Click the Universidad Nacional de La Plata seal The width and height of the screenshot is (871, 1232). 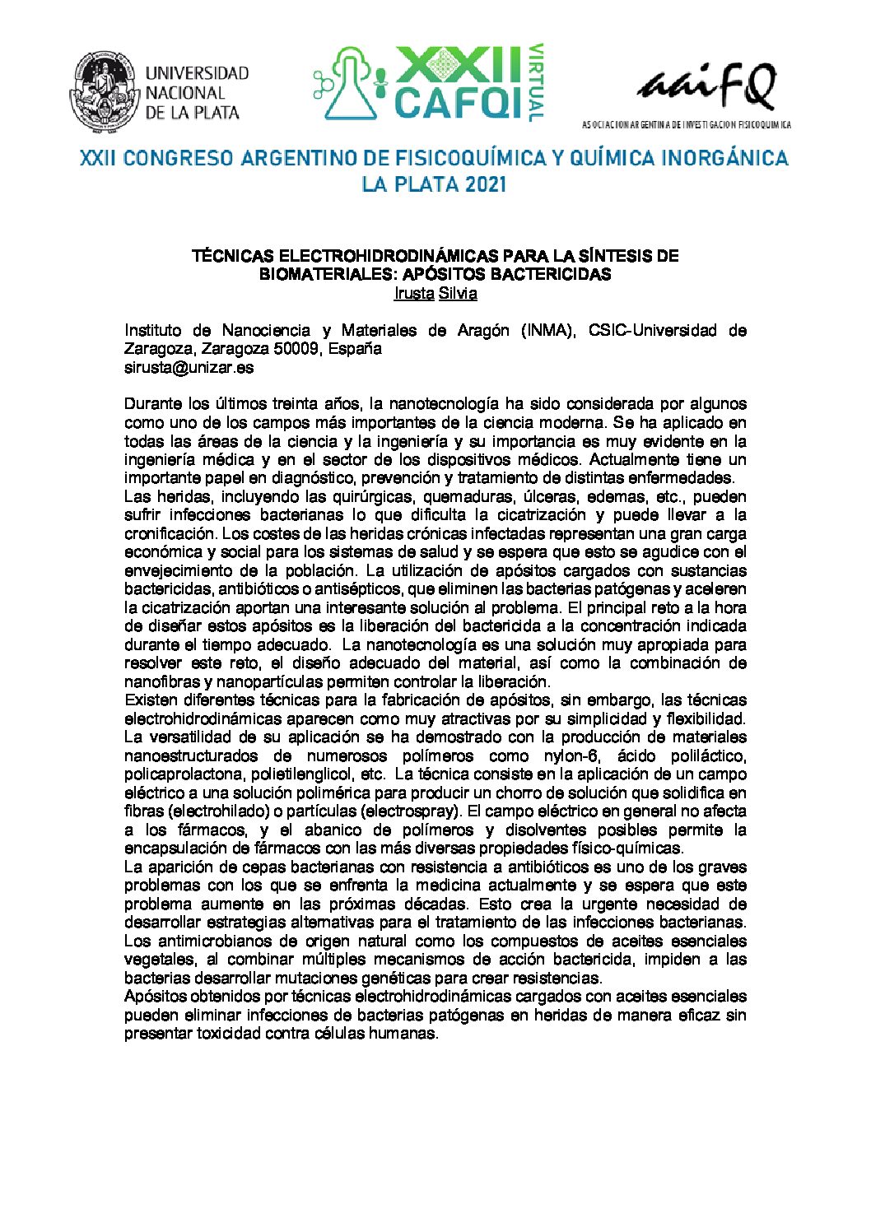click(x=107, y=92)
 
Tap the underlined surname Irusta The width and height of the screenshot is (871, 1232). click(x=415, y=293)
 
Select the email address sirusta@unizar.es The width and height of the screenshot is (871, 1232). click(x=189, y=367)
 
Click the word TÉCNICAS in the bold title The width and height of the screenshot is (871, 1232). click(x=231, y=256)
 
